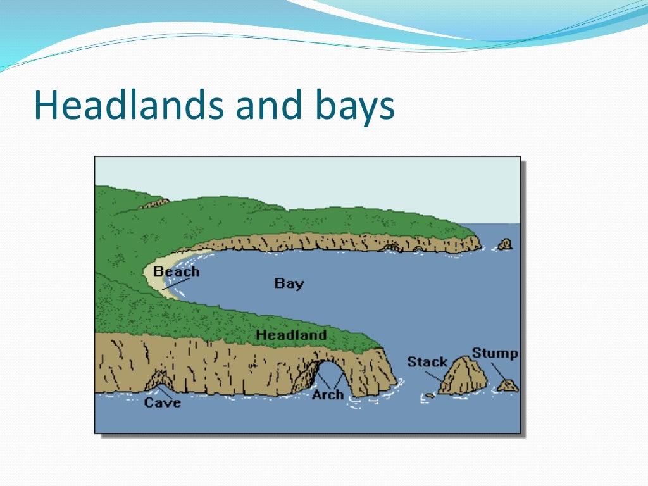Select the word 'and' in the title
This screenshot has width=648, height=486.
(269, 106)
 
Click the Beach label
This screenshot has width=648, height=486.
(177, 271)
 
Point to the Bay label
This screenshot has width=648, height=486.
(289, 283)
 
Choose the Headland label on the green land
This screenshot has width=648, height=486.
(291, 334)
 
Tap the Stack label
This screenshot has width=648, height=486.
(427, 361)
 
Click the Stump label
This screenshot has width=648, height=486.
(494, 353)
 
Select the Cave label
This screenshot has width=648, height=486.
(162, 402)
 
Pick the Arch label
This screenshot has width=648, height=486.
(328, 394)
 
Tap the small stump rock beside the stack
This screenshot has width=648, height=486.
(508, 385)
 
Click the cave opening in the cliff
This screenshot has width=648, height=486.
(158, 382)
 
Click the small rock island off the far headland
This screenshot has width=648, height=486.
(505, 244)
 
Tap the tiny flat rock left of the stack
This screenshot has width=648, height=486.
(430, 395)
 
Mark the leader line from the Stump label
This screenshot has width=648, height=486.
(499, 371)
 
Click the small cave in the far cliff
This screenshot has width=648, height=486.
(391, 247)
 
